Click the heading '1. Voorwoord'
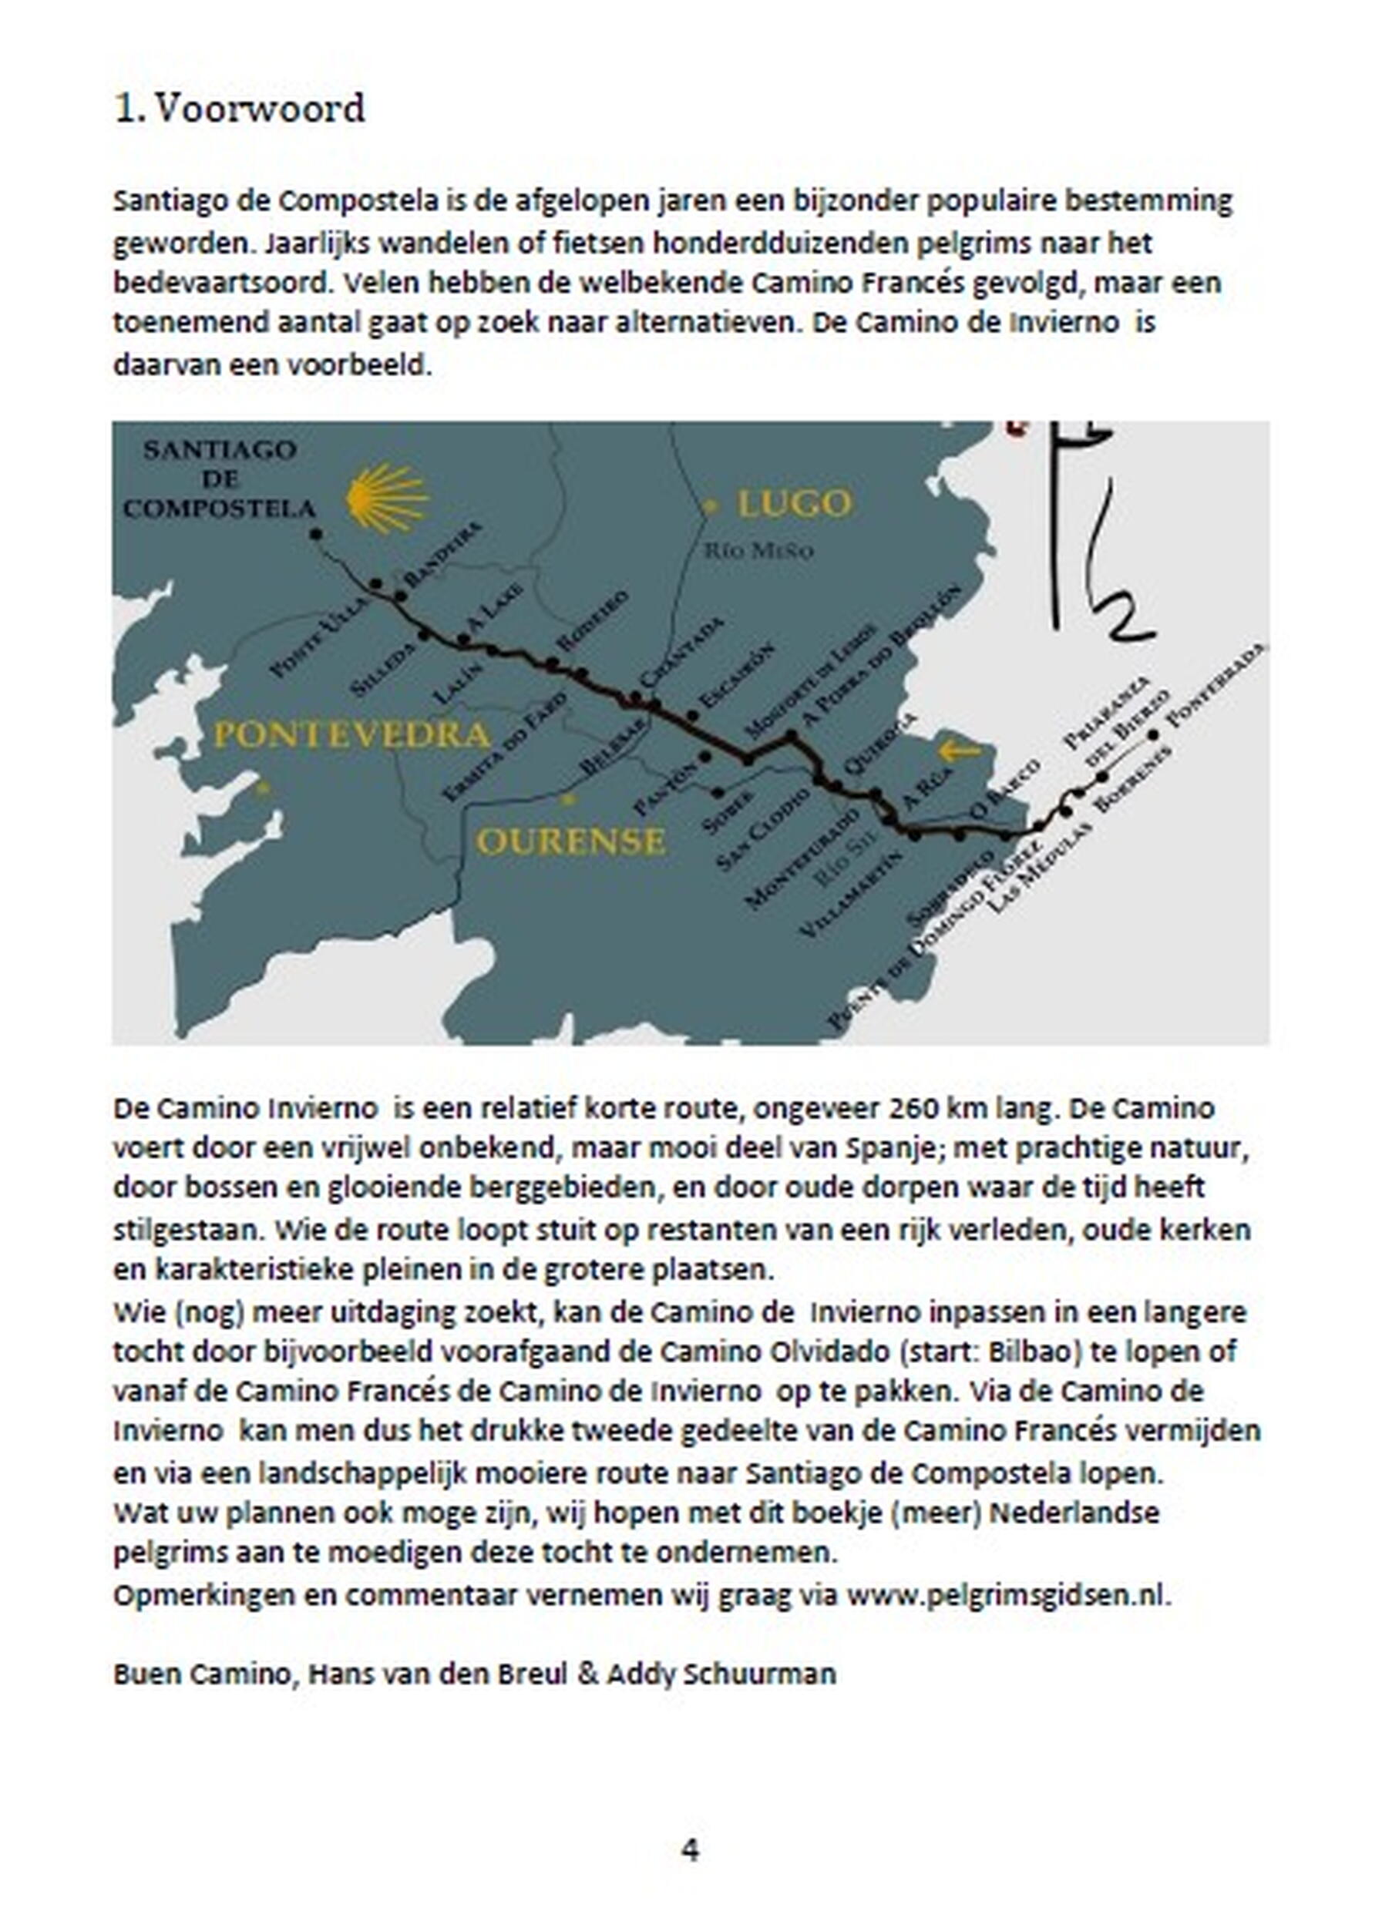(239, 109)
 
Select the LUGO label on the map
(794, 504)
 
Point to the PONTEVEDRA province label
(352, 735)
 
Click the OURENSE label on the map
(570, 841)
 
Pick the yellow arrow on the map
(959, 749)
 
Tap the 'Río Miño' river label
(758, 551)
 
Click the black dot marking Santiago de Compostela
(316, 533)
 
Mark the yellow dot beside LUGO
(711, 505)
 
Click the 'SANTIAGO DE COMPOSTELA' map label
(219, 479)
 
